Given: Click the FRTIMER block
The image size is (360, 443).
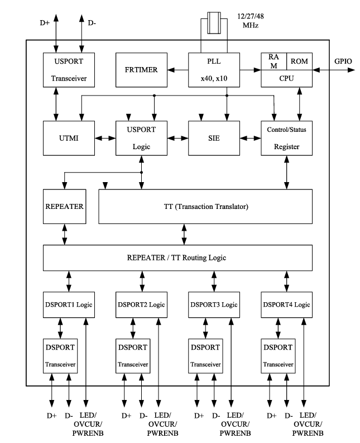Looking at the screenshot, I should (x=141, y=70).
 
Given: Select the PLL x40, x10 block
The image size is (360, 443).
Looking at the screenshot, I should (x=214, y=70).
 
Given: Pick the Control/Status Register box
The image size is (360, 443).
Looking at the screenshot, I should (x=286, y=137).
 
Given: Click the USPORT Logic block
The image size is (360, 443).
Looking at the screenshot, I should (x=141, y=137).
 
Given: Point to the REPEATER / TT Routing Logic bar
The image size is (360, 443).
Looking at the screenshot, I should (x=177, y=258).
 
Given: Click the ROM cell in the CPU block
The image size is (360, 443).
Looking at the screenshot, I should (x=299, y=60).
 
